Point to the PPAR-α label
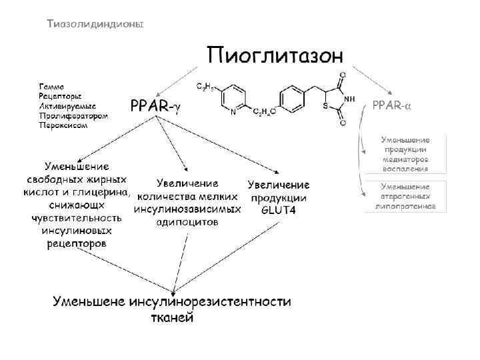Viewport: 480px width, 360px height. click(391, 105)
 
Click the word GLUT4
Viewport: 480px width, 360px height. click(278, 211)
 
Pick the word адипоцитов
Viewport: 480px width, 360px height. click(187, 222)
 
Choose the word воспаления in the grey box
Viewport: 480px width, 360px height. click(405, 169)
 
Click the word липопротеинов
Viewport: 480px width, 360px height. click(405, 207)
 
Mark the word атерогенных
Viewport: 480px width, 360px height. click(405, 197)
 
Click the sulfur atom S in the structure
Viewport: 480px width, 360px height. click(323, 106)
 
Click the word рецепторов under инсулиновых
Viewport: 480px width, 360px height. click(76, 243)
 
